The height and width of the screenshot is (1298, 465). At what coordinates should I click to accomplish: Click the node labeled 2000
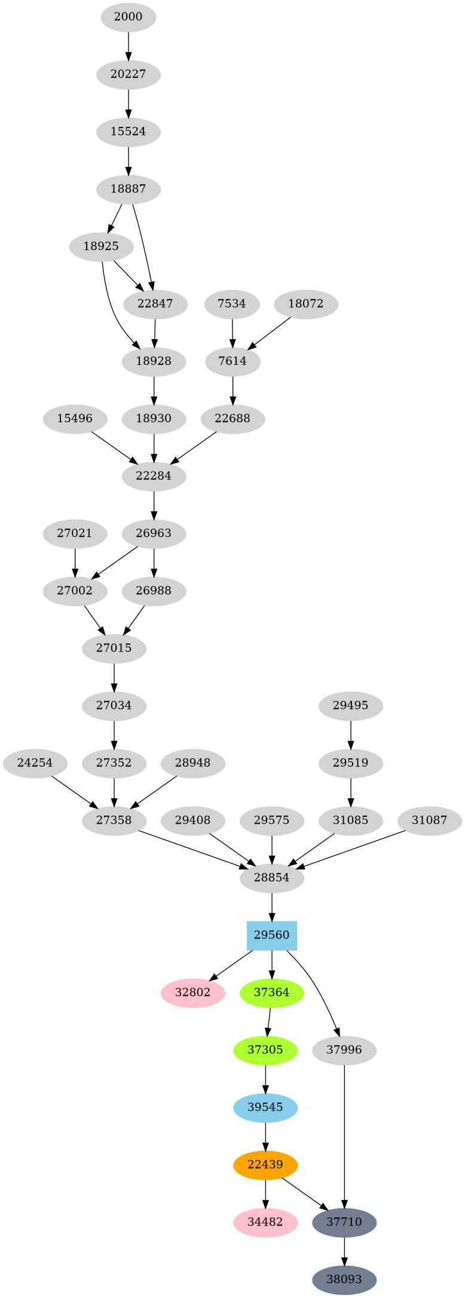tap(128, 17)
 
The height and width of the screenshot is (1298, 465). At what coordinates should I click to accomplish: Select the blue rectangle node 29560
tap(272, 935)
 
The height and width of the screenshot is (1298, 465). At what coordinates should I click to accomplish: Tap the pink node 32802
tap(193, 992)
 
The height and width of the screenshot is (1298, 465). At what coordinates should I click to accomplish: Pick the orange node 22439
tap(265, 1165)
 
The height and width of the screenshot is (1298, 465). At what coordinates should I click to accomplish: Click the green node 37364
tap(272, 992)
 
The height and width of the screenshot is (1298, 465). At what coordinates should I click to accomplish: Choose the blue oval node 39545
tap(265, 1107)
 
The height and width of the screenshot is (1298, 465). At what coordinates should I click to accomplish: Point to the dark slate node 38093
tap(344, 1279)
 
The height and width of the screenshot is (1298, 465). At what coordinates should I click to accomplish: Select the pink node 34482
tap(265, 1222)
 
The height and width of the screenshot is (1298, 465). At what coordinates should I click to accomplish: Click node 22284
tap(154, 476)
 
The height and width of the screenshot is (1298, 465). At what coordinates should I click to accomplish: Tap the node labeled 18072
tap(306, 304)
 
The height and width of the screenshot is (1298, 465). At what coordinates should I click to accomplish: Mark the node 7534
tap(232, 304)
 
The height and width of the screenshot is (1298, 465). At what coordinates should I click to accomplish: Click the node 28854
tap(272, 878)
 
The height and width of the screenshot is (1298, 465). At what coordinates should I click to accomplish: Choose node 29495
tap(351, 705)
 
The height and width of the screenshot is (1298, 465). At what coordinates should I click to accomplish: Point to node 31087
tap(429, 820)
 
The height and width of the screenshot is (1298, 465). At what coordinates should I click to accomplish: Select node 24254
tap(35, 763)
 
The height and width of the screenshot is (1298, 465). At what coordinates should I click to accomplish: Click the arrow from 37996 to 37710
tap(344, 1136)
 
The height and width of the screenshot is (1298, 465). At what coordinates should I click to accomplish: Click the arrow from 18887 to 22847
tap(143, 245)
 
